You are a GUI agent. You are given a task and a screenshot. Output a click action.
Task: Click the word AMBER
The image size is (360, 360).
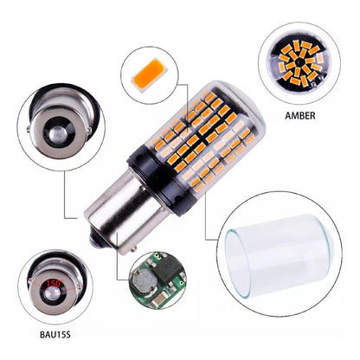pyautogui.click(x=300, y=116)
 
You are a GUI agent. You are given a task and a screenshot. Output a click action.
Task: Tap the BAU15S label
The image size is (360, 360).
pyautogui.click(x=55, y=335)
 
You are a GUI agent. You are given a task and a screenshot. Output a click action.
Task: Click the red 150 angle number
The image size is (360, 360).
pyautogui.click(x=54, y=284)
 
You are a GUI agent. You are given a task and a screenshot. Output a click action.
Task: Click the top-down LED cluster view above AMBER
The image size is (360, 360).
pyautogui.click(x=299, y=62)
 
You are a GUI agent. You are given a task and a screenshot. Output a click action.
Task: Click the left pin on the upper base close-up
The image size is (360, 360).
pyautogui.click(x=29, y=129)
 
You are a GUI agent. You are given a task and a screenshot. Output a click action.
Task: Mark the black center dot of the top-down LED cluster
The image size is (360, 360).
pyautogui.click(x=299, y=62)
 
